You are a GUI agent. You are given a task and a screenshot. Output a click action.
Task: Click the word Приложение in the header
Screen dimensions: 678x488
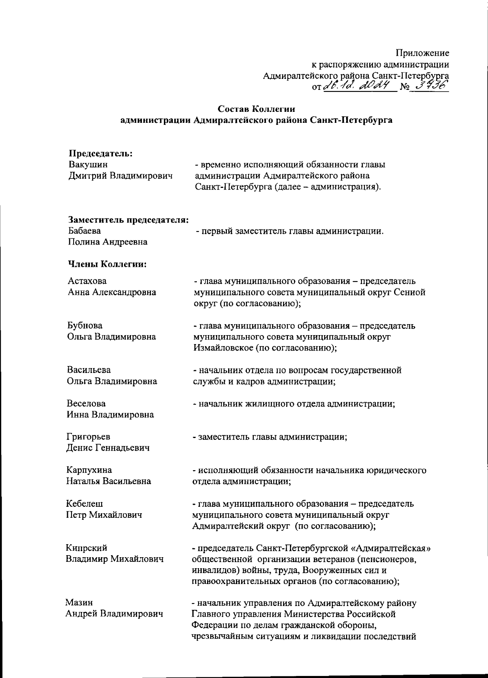click(x=423, y=53)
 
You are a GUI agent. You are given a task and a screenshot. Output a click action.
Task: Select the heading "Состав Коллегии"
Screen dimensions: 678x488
click(x=256, y=109)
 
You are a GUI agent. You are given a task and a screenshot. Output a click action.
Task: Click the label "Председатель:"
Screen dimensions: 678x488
click(x=101, y=154)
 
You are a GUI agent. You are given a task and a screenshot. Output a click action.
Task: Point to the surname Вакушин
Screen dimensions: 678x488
click(x=88, y=165)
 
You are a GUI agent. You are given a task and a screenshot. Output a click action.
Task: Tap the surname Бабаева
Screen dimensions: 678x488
click(x=85, y=231)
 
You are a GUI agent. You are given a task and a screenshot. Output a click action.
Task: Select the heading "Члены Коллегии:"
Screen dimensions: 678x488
click(x=107, y=264)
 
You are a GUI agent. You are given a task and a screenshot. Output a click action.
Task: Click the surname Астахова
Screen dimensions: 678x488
click(x=87, y=281)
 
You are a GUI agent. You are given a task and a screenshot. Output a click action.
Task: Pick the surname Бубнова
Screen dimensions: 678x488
click(x=85, y=326)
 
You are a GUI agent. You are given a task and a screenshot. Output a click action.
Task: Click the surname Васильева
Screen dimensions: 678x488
click(x=89, y=370)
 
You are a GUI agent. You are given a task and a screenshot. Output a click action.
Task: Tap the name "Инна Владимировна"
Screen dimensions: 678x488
click(x=110, y=415)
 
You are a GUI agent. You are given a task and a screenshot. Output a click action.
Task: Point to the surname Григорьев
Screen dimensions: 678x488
click(x=88, y=437)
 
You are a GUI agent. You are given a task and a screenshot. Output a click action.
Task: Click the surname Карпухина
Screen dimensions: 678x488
click(x=89, y=470)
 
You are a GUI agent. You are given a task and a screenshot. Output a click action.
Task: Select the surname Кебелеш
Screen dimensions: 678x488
click(x=85, y=504)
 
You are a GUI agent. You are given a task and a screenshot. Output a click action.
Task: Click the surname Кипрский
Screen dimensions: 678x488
click(x=87, y=548)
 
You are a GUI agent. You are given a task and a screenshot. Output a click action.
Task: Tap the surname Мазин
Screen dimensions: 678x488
click(x=79, y=602)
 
